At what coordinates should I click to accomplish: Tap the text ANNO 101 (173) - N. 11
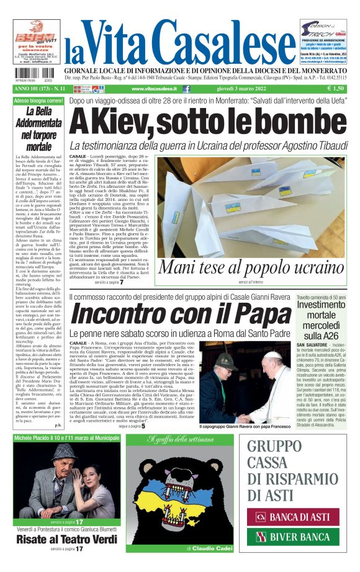pos(39,89)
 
